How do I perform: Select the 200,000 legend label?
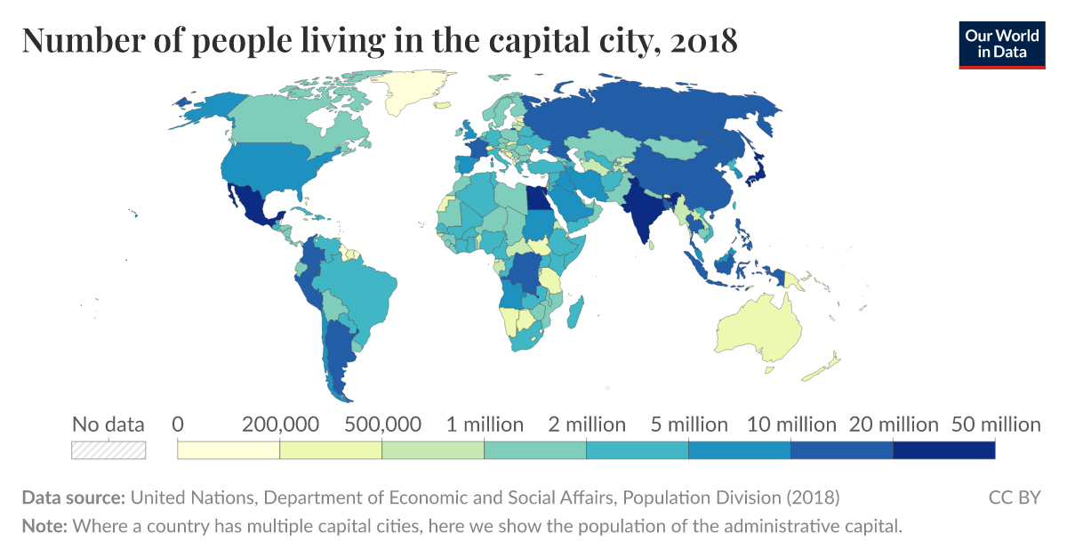280,425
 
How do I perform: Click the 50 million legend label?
996,425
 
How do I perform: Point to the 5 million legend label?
689,425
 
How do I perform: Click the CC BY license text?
1015,497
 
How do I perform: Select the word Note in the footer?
44,526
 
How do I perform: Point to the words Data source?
73,497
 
